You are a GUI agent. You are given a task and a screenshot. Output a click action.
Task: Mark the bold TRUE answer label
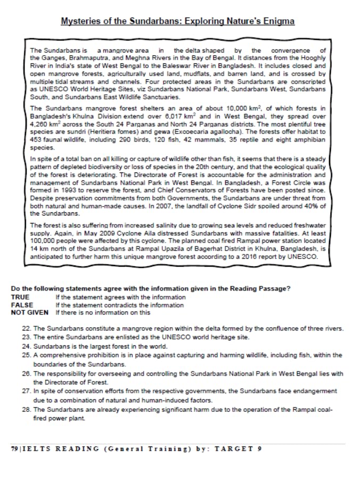[x=20, y=297]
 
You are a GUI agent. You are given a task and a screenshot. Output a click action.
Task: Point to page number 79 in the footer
[x=14, y=449]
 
